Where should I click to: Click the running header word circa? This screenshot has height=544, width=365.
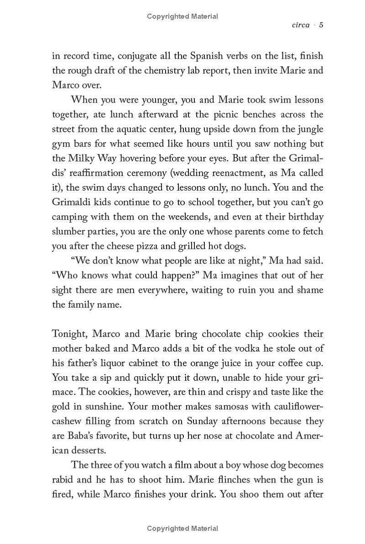(x=300, y=25)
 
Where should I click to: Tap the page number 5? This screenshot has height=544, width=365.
(x=321, y=25)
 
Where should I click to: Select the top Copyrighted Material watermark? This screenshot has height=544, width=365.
(x=182, y=16)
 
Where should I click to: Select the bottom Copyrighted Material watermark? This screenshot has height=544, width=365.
(x=182, y=528)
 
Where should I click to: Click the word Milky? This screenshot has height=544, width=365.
(x=82, y=158)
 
